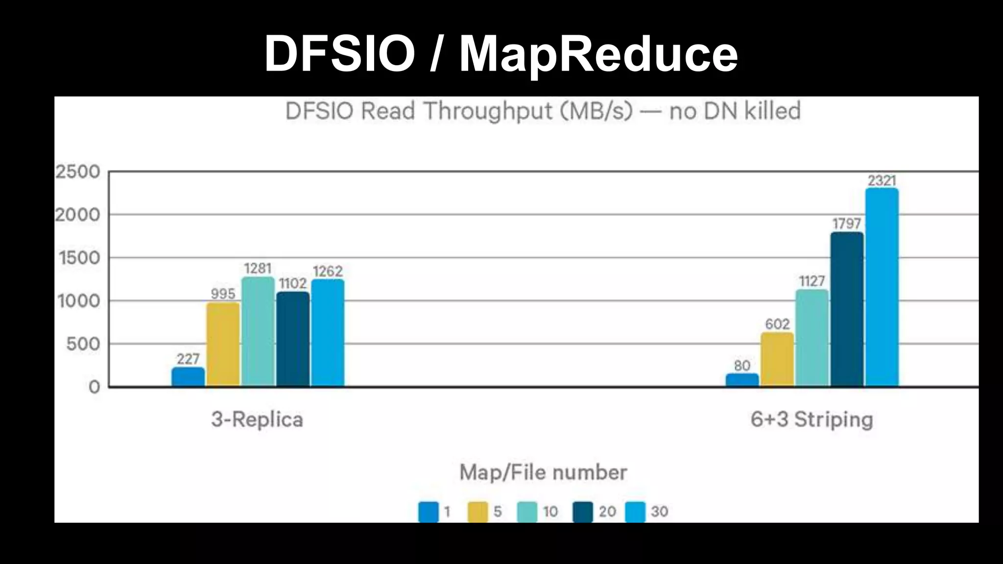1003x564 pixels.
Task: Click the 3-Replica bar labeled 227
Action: point(188,377)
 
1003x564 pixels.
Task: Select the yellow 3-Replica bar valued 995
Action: point(223,345)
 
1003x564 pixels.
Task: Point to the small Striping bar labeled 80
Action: point(742,380)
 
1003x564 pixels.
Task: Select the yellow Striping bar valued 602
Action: point(777,360)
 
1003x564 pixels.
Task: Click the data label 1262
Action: point(328,271)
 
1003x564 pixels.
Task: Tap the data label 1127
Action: point(812,281)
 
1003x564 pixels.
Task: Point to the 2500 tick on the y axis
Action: point(77,172)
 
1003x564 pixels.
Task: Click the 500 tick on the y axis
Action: point(83,344)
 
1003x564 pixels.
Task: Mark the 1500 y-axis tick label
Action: point(79,258)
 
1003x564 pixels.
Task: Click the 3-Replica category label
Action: point(257,420)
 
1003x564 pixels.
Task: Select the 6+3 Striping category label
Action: point(812,420)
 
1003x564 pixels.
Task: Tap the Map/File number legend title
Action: point(543,472)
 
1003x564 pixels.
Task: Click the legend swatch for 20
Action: point(583,512)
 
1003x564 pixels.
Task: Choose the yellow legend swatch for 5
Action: point(478,512)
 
